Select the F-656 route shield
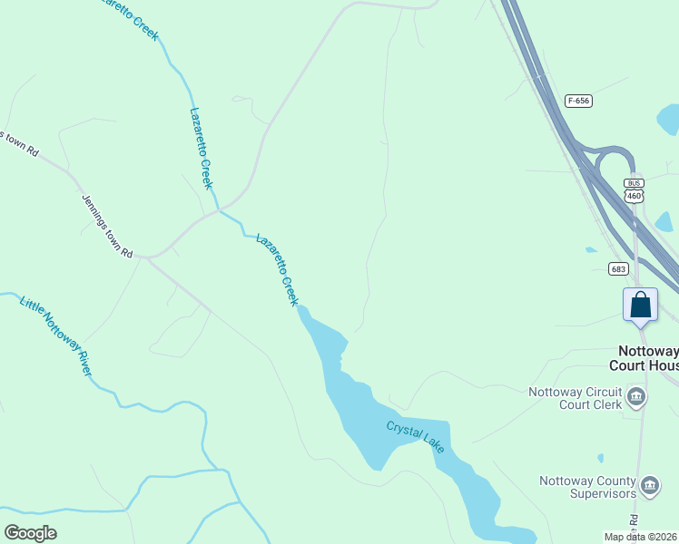coord(577,101)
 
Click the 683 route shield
coord(618,268)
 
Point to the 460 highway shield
coord(634,196)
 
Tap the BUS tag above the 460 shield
coord(634,183)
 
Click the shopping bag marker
coord(640,305)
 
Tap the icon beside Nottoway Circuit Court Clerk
coord(636,395)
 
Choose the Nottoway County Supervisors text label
coord(586,487)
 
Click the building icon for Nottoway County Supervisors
coord(649,485)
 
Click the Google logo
coord(30,532)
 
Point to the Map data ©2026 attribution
coord(640,537)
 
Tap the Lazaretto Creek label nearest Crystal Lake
coord(277,269)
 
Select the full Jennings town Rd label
coord(107,227)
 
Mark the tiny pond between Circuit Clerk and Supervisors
coord(601,457)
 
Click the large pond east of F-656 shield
coord(670,118)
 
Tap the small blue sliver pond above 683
coord(592,249)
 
